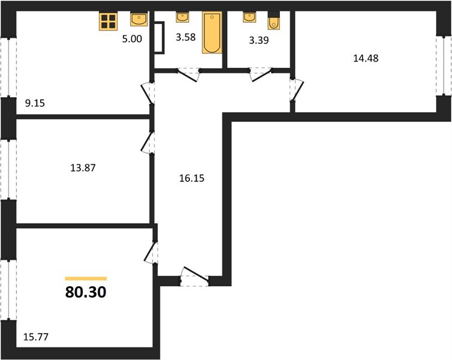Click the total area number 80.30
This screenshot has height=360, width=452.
[86, 292]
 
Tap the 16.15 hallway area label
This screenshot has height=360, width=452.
[192, 178]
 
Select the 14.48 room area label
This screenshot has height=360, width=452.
[366, 58]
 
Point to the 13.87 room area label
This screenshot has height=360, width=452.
[83, 167]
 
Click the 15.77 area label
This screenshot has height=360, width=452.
[36, 337]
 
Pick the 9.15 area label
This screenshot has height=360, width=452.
[35, 103]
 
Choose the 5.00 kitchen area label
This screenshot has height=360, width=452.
[132, 39]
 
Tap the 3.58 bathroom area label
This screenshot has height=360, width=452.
[186, 37]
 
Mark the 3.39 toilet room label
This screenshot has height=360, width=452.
[259, 40]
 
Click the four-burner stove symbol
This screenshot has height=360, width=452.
[108, 22]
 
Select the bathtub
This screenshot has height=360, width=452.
[212, 32]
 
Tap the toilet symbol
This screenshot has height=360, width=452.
[273, 21]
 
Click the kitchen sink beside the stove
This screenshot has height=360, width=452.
[139, 19]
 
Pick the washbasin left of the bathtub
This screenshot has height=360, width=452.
[182, 17]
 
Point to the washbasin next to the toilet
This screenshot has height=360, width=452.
[249, 17]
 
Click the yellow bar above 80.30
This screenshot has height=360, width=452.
[86, 278]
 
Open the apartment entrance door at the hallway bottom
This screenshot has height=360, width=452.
[195, 277]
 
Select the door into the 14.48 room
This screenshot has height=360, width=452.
[296, 90]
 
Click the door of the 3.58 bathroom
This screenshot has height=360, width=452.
[188, 74]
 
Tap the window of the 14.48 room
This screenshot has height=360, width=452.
[444, 66]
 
